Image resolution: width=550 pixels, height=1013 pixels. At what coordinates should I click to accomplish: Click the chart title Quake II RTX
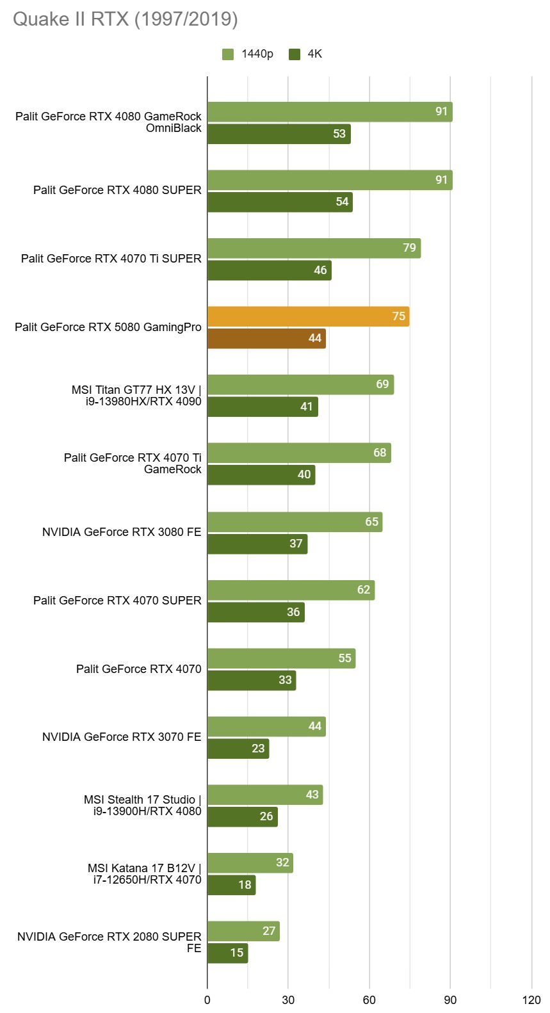pyautogui.click(x=125, y=19)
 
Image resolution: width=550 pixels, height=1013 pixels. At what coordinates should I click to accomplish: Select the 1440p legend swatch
pyautogui.click(x=228, y=54)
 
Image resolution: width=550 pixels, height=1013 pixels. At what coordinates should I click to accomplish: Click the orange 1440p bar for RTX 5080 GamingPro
pyautogui.click(x=308, y=316)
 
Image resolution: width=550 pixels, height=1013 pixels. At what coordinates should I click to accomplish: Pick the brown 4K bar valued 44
pyautogui.click(x=266, y=339)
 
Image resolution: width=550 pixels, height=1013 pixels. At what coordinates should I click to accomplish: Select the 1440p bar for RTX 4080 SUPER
pyautogui.click(x=330, y=180)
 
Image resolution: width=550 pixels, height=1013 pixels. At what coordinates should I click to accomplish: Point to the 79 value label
pyautogui.click(x=409, y=248)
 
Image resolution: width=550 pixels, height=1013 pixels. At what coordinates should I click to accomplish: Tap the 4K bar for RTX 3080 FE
pyautogui.click(x=257, y=544)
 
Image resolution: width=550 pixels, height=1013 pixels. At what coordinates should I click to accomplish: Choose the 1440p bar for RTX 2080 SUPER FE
pyautogui.click(x=243, y=931)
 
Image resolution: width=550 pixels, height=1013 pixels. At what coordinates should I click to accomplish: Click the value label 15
pyautogui.click(x=237, y=953)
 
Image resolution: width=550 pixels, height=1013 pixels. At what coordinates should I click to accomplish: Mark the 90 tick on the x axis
pyautogui.click(x=450, y=1000)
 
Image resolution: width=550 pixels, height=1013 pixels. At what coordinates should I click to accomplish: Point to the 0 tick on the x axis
pyautogui.click(x=207, y=1000)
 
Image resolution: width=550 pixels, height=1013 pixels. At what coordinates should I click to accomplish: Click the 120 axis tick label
pyautogui.click(x=531, y=1000)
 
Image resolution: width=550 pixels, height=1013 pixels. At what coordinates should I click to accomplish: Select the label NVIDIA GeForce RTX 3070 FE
pyautogui.click(x=122, y=737)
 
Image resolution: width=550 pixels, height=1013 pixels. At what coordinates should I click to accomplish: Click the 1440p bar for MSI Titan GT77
pyautogui.click(x=300, y=385)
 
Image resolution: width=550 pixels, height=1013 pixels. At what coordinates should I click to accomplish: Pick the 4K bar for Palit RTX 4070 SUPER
pyautogui.click(x=255, y=612)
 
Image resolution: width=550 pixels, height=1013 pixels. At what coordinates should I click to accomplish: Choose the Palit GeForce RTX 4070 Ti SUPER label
pyautogui.click(x=111, y=259)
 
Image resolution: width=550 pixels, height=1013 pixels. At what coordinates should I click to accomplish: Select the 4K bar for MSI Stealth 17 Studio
pyautogui.click(x=242, y=816)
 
